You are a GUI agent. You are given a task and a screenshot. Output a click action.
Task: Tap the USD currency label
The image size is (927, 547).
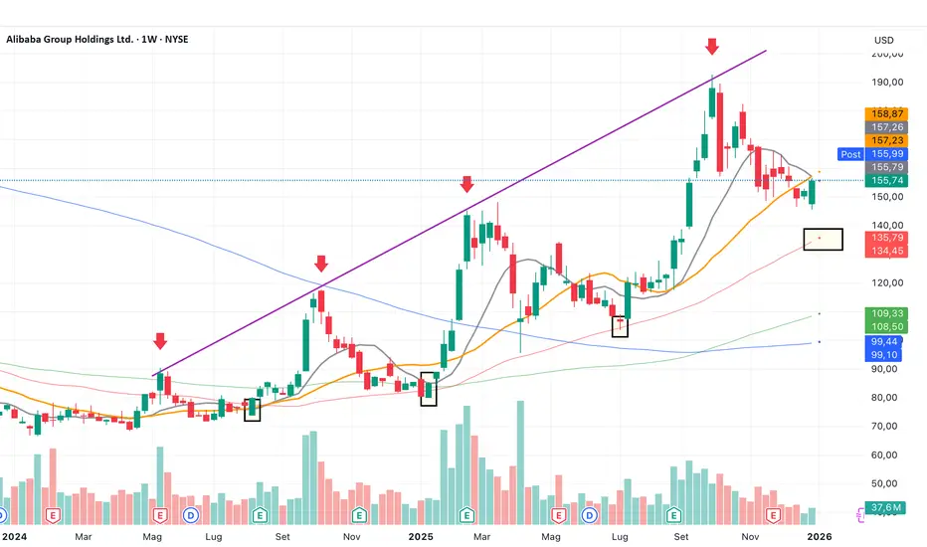(x=883, y=40)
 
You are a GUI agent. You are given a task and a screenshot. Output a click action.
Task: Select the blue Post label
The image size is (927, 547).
(x=850, y=154)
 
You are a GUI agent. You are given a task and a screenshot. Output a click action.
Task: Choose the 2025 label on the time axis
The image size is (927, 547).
(x=422, y=536)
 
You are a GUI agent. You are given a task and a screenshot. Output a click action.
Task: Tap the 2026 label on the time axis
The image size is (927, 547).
(x=818, y=536)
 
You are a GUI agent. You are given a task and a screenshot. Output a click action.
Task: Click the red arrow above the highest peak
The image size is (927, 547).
(x=711, y=47)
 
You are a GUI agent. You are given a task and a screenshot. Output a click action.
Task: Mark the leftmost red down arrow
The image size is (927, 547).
(x=160, y=341)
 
